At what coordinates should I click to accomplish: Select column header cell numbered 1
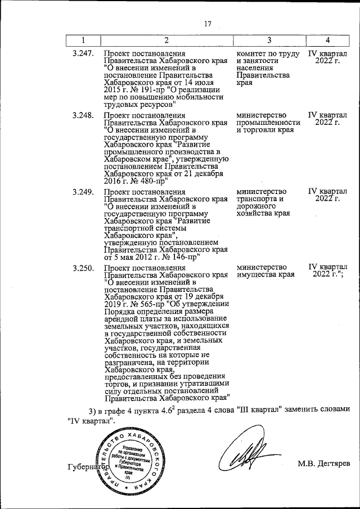coord(83,40)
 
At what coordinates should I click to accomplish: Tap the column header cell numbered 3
coord(269,40)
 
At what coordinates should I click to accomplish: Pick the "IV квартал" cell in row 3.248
coord(328,119)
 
